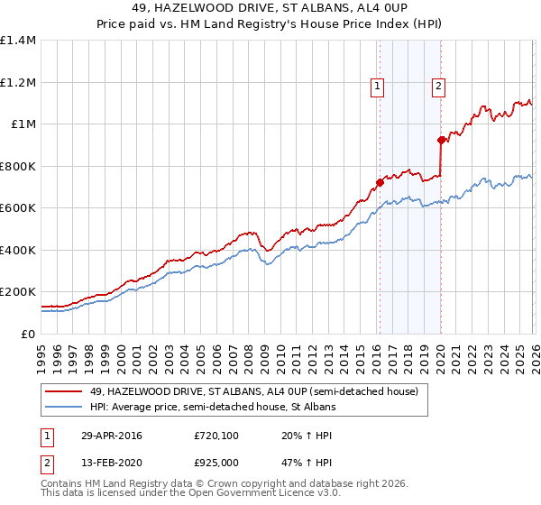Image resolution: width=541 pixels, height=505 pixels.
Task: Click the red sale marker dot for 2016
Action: [380, 183]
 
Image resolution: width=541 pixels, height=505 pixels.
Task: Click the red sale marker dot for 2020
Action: [441, 140]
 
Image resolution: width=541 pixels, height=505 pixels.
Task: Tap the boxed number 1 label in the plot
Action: [377, 87]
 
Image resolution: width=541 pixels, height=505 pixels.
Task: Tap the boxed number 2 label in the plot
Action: [438, 87]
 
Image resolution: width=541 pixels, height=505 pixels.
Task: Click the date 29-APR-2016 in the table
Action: [112, 436]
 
